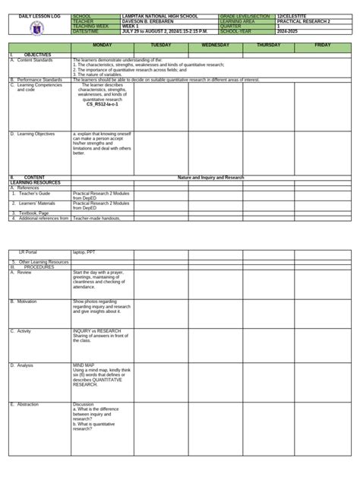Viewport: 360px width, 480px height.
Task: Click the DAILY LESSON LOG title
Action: tap(36, 15)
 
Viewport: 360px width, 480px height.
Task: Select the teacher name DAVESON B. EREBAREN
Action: tap(148, 21)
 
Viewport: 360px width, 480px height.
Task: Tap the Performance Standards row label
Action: tap(39, 79)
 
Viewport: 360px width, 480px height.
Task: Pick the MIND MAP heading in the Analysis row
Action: tap(84, 365)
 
